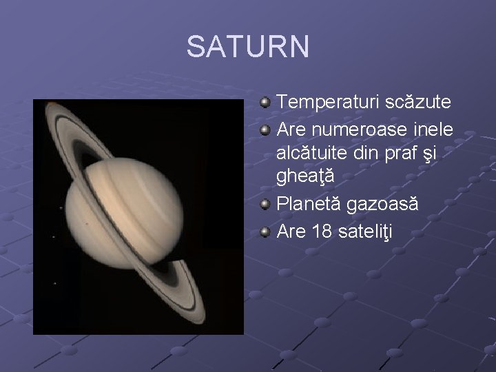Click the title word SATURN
point(248,48)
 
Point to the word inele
point(432,129)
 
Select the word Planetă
point(308,206)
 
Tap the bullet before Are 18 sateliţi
point(265,232)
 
